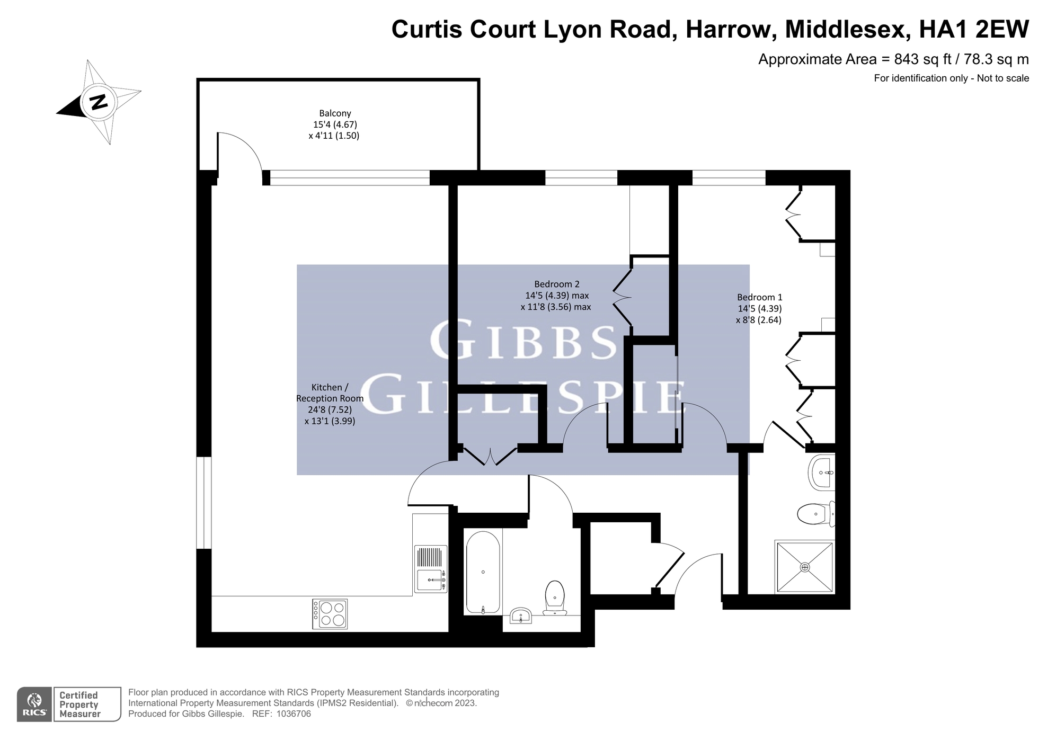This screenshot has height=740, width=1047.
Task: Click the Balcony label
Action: point(335,113)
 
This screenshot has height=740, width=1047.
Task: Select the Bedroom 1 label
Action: point(759,298)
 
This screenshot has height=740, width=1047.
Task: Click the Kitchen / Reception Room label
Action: point(330,393)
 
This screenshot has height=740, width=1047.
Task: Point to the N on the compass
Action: point(98,101)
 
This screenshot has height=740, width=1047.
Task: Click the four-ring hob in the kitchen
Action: point(330,614)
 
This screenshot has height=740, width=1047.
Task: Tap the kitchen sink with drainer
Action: point(430,569)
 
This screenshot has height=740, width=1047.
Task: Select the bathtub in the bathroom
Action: point(483,572)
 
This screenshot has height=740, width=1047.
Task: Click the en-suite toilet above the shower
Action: point(815,514)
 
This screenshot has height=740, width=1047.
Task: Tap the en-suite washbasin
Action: point(822,472)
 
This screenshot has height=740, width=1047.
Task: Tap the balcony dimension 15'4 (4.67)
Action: point(335,124)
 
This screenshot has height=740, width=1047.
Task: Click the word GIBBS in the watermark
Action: point(523,340)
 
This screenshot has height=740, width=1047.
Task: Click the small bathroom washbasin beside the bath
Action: point(521,616)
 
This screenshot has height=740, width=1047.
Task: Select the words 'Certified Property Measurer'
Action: point(79,705)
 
